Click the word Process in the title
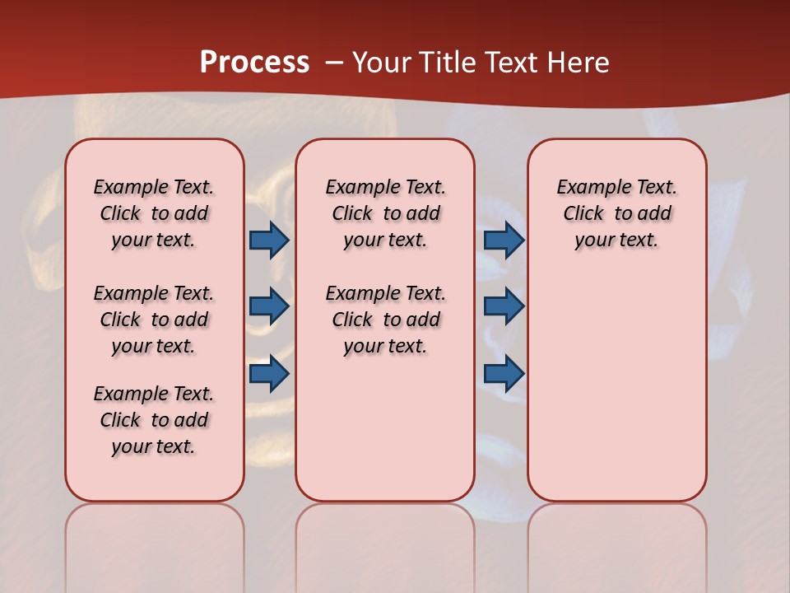click(254, 63)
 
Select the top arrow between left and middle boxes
click(269, 240)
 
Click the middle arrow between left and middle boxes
click(269, 306)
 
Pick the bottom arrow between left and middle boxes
click(269, 374)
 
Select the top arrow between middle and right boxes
click(504, 240)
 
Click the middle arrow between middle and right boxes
click(504, 306)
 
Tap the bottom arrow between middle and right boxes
click(504, 374)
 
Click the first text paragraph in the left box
click(153, 213)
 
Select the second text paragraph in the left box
click(153, 320)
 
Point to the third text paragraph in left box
click(153, 420)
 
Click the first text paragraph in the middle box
click(385, 213)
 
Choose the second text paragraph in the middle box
click(385, 320)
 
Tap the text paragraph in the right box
click(616, 213)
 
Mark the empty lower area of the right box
click(616, 387)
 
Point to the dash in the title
click(334, 63)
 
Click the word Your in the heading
click(383, 63)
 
